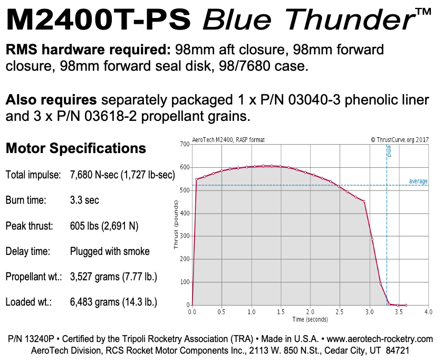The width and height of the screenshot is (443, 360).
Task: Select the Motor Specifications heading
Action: tap(75, 148)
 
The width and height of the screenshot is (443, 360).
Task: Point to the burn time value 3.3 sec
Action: tap(84, 201)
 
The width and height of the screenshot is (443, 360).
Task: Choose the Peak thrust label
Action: tap(30, 226)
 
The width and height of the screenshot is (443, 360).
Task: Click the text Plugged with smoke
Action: tap(110, 251)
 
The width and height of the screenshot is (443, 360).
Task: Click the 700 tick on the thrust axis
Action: tap(185, 144)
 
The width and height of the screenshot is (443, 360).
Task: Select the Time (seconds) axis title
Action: tap(310, 319)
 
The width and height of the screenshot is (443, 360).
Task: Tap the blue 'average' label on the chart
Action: tap(418, 182)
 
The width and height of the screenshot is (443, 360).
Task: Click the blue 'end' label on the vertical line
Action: tap(390, 153)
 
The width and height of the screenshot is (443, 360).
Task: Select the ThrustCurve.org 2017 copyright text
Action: tap(399, 140)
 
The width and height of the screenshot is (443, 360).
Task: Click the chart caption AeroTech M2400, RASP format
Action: tap(228, 140)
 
